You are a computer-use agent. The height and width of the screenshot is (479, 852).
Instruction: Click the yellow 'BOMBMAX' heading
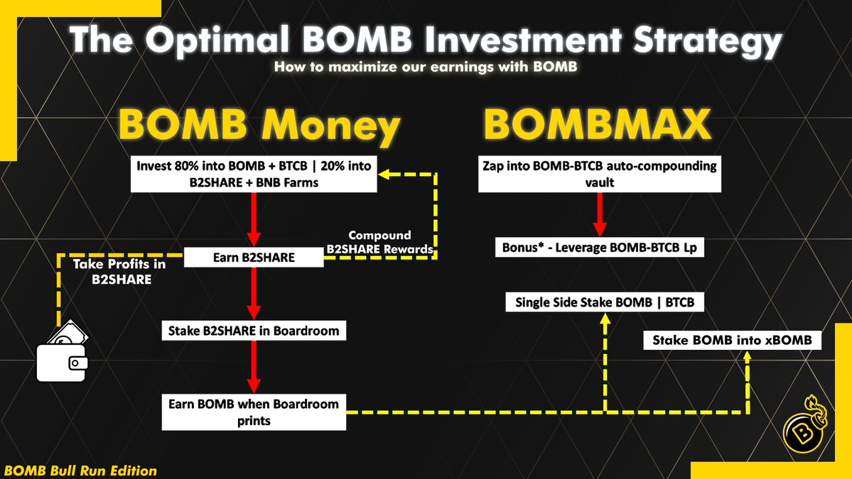point(597,126)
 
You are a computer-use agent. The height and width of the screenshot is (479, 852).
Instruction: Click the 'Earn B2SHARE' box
point(254,257)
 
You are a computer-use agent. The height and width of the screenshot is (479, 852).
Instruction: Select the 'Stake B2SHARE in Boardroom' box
point(254,330)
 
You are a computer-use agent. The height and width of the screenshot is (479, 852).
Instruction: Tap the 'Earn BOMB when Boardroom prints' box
point(254,412)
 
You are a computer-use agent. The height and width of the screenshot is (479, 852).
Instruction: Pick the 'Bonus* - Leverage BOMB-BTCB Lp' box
point(599,248)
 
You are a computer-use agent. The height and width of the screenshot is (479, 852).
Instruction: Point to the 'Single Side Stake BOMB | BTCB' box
point(605,302)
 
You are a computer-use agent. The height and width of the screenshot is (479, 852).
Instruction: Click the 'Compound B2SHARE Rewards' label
point(379,241)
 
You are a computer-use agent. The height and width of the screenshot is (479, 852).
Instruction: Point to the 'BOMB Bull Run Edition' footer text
point(80,470)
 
